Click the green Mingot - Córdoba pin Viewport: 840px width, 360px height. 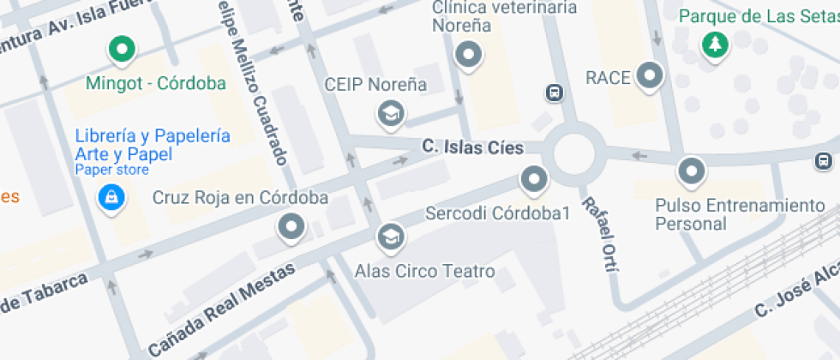pyautogui.click(x=122, y=49)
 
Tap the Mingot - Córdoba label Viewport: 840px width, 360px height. pyautogui.click(x=156, y=83)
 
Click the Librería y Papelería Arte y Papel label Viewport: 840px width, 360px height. pyautogui.click(x=152, y=145)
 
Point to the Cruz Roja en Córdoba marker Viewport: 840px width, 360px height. pyautogui.click(x=292, y=227)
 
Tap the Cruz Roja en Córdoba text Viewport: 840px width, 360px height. pyautogui.click(x=240, y=198)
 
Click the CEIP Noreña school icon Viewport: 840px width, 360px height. pyautogui.click(x=392, y=112)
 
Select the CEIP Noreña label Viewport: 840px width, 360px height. pyautogui.click(x=375, y=85)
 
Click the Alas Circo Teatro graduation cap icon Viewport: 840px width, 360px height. pyautogui.click(x=391, y=235)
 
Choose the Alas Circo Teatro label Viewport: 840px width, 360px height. pyautogui.click(x=424, y=272)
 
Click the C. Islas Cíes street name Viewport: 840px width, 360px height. pyautogui.click(x=472, y=147)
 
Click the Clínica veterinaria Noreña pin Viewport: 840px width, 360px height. pyautogui.click(x=468, y=57)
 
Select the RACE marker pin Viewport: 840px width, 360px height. pyautogui.click(x=651, y=75)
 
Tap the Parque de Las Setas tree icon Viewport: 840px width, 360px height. pyautogui.click(x=712, y=45)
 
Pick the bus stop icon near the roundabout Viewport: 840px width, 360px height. pyautogui.click(x=555, y=93)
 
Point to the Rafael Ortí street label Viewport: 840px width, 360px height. pyautogui.click(x=599, y=234)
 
